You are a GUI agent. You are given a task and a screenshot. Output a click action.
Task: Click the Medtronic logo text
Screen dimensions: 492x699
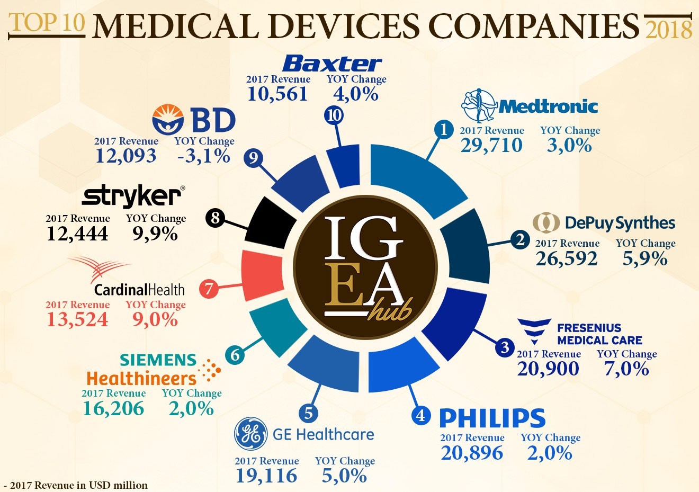548,106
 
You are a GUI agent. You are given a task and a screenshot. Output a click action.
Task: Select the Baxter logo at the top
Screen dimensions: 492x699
332,64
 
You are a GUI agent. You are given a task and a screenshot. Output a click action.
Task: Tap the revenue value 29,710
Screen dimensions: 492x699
491,145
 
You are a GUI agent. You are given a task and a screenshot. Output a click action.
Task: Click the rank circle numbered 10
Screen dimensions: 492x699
334,115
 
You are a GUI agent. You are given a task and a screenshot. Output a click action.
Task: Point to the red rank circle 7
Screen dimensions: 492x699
209,289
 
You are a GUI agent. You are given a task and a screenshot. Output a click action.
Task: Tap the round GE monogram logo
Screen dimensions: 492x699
250,434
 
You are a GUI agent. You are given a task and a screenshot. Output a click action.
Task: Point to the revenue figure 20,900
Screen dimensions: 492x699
548,369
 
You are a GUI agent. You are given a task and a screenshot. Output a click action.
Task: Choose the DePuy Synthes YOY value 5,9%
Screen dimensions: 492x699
645,258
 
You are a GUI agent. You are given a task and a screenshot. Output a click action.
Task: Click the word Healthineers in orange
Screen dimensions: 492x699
141,379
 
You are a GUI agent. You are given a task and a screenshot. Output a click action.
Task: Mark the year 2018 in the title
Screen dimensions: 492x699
669,30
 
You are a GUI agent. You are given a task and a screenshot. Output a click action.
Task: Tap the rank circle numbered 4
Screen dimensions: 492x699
420,415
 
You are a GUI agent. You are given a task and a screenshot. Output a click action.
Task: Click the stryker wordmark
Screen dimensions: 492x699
131,196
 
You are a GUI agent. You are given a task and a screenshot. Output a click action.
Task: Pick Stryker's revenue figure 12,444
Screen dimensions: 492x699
77,234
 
